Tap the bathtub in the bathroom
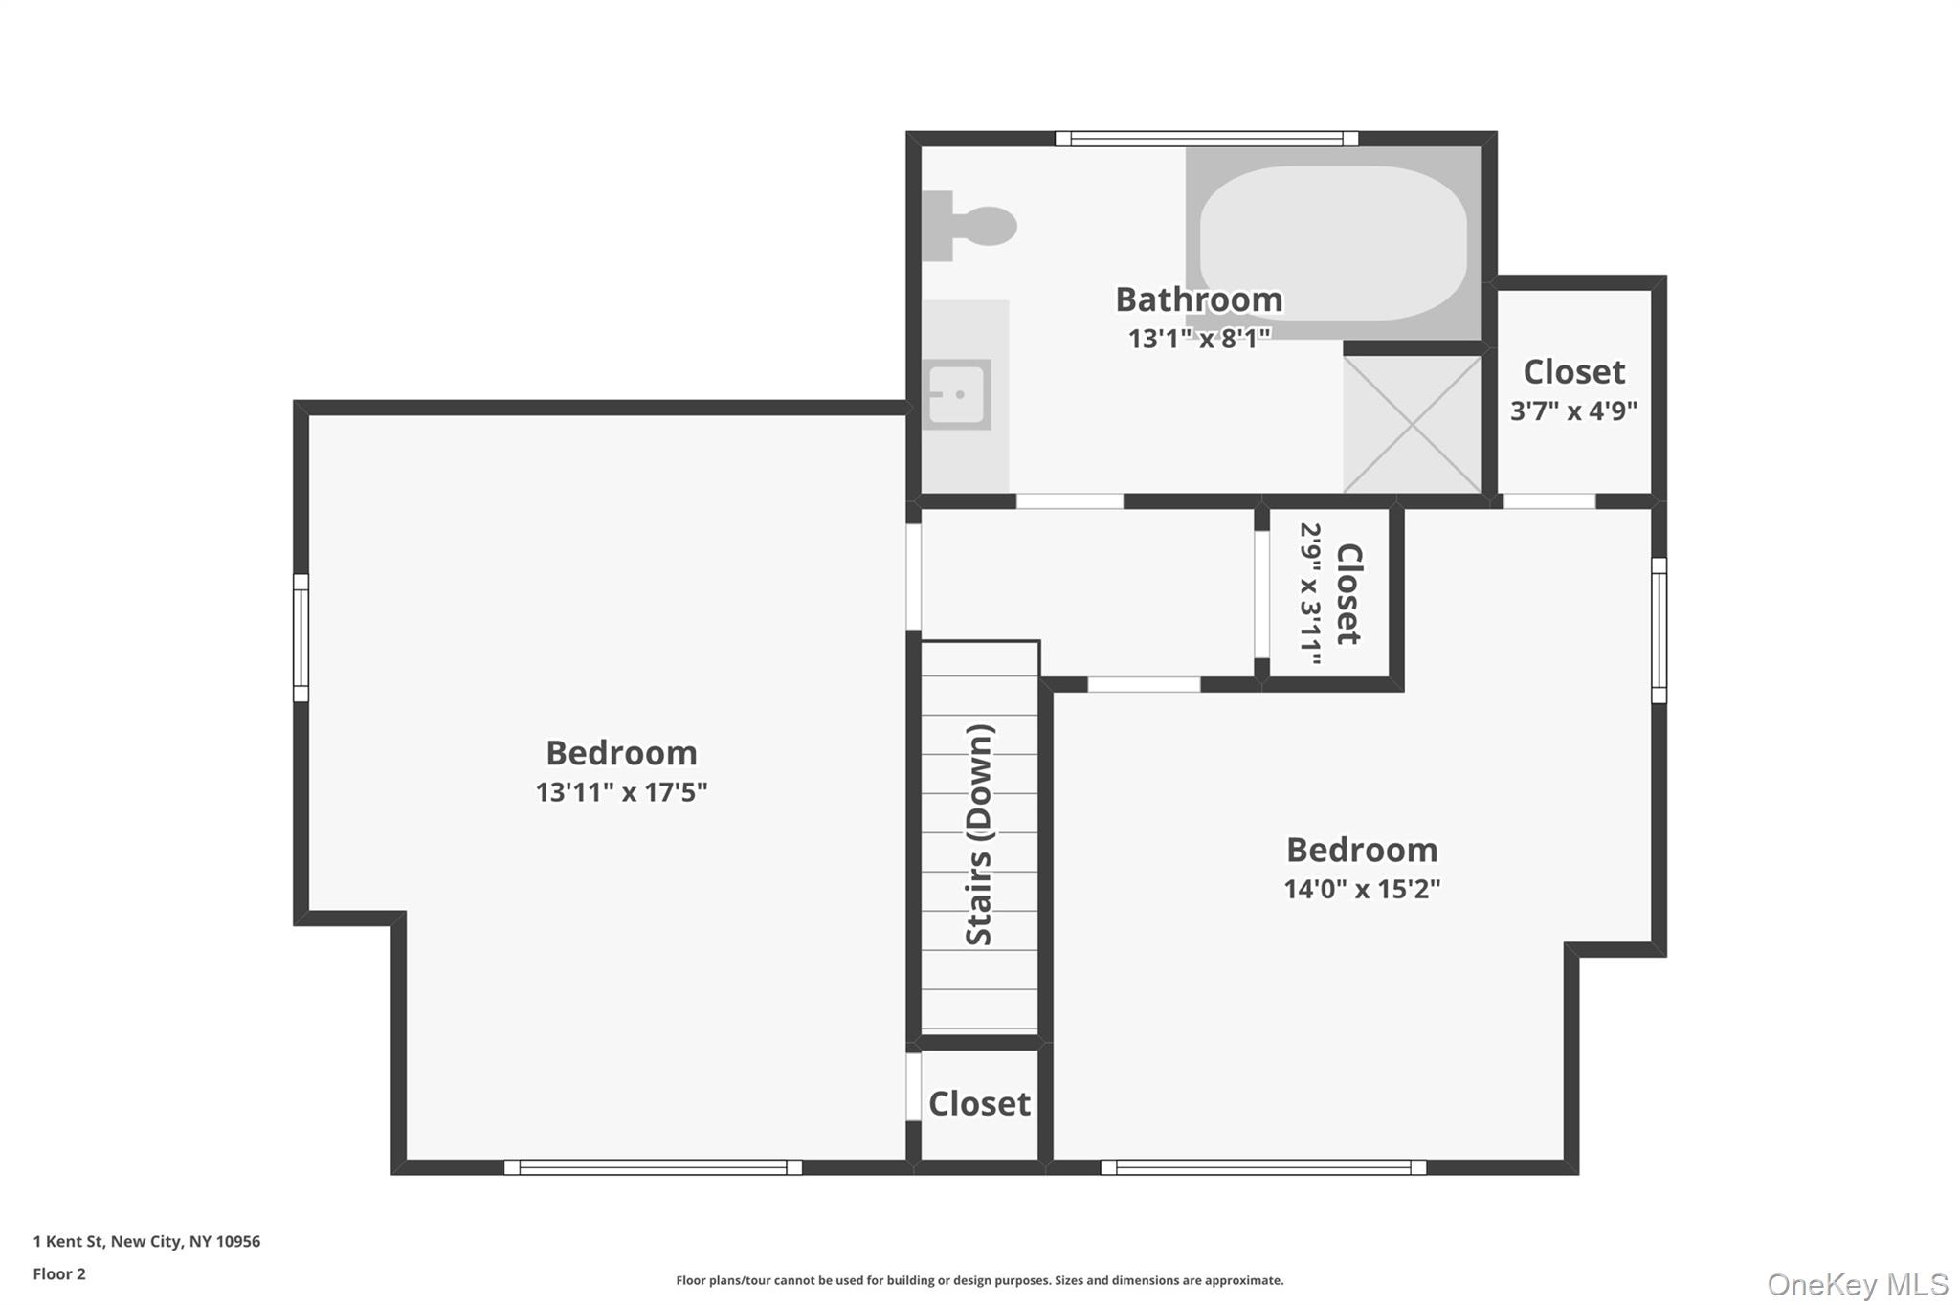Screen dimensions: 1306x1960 1332,243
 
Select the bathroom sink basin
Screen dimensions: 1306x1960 957,394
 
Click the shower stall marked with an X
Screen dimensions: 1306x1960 1413,424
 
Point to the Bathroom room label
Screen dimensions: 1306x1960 1198,299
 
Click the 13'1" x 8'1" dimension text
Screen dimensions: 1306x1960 1198,339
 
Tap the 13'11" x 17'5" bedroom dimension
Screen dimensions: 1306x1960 621,792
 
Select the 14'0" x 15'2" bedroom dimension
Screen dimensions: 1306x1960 1361,889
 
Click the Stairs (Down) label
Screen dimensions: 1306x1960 979,835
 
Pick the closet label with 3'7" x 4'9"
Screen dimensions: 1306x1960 1573,371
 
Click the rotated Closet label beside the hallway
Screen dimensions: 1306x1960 1347,594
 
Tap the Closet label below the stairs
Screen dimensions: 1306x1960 979,1103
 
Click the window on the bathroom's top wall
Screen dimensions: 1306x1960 1206,139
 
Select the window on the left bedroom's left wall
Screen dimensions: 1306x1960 301,637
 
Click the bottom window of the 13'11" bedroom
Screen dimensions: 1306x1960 653,1167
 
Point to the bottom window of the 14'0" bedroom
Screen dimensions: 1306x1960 1263,1167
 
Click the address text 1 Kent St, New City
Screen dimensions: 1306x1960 146,1241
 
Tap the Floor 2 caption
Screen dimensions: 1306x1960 59,1273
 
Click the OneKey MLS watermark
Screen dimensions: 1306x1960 1857,1284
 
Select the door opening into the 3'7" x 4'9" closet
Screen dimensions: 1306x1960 1549,501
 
